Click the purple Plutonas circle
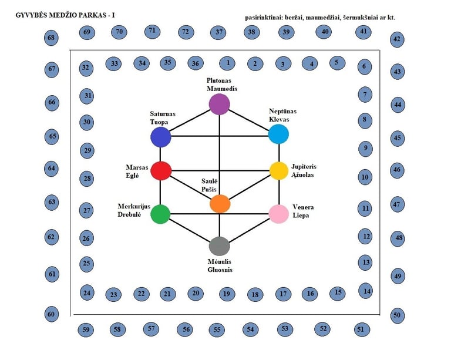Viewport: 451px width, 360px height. tap(220, 105)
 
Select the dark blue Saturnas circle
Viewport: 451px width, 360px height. tap(160, 137)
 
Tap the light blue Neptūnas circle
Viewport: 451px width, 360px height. tap(278, 134)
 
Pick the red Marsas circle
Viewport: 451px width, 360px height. tap(160, 170)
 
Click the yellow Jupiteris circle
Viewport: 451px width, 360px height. tap(278, 170)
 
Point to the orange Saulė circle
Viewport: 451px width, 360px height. tap(220, 204)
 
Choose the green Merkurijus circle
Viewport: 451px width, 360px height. tap(160, 214)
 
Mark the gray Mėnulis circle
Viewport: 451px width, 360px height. tap(220, 245)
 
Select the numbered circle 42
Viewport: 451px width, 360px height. tap(397, 40)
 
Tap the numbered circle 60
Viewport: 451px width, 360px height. tap(52, 314)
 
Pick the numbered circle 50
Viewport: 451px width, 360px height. tap(397, 315)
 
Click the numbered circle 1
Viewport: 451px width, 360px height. tap(227, 62)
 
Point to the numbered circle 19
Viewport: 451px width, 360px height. tap(227, 294)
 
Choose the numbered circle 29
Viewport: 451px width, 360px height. tap(87, 151)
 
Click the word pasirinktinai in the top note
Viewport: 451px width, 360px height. tap(263, 18)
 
